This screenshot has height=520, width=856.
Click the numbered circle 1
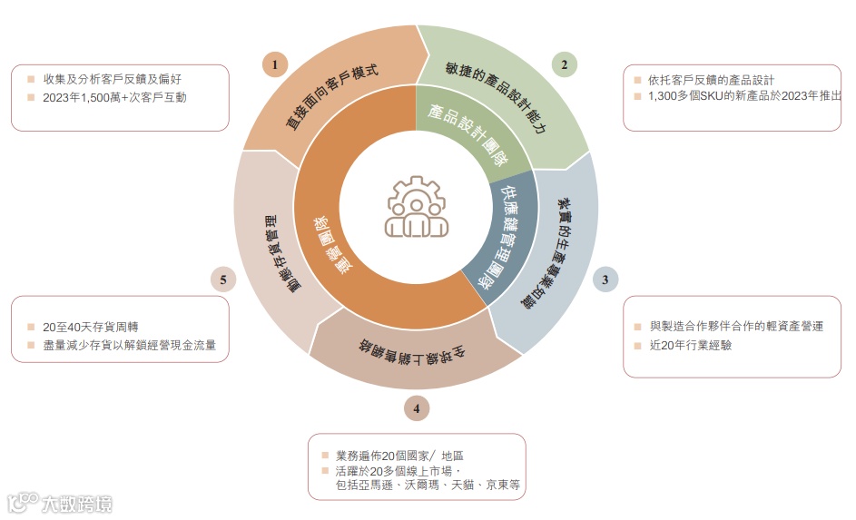pos(274,64)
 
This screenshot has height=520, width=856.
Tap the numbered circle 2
pos(564,64)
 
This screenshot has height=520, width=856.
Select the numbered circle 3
pos(605,280)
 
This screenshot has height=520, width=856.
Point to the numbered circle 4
pos(416,408)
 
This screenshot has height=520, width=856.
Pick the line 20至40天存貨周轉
pos(90,327)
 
